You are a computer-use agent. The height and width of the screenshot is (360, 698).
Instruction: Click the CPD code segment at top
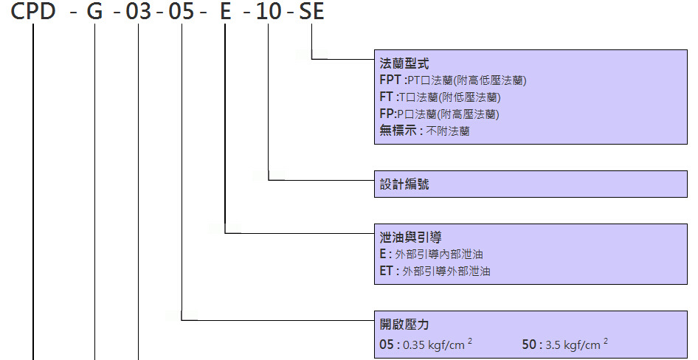click(x=32, y=13)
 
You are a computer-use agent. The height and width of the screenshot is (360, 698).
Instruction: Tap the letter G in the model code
click(x=95, y=13)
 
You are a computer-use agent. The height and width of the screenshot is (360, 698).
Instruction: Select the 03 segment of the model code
click(x=139, y=13)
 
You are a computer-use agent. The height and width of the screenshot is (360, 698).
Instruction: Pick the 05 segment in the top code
click(x=182, y=13)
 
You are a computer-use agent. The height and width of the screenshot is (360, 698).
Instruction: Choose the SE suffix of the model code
click(x=311, y=13)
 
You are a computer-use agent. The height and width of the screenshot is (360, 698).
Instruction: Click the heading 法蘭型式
click(x=404, y=63)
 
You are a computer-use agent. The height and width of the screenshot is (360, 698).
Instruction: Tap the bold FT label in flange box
click(x=386, y=97)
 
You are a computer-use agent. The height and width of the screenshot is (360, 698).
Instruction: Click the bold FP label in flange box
click(x=386, y=114)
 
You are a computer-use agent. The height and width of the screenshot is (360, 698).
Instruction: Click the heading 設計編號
click(x=404, y=184)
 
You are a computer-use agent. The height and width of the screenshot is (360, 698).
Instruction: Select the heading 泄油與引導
click(x=410, y=238)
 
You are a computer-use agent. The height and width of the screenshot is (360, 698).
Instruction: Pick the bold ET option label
click(x=387, y=271)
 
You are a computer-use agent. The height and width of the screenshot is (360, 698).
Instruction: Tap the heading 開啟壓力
click(x=404, y=325)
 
